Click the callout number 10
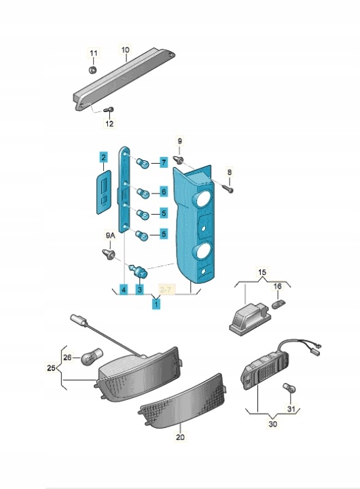125,50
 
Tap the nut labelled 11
92,69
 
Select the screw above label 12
109,110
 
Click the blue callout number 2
103,157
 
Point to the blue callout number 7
164,162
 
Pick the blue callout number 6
164,192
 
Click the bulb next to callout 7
143,162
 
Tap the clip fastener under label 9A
109,253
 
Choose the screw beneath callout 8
228,187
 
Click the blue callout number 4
124,290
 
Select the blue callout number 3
139,290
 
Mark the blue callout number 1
156,303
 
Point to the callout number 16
277,286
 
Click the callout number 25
51,367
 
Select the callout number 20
180,437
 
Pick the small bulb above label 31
289,388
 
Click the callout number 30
272,424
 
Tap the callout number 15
262,272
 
